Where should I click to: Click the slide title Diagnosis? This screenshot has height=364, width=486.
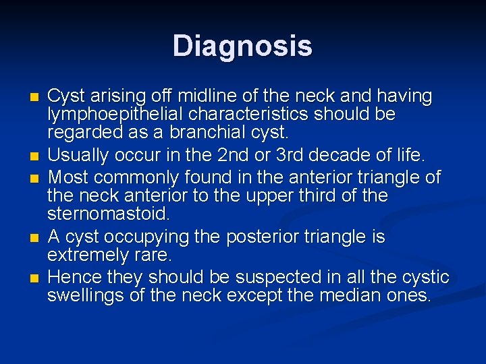tap(242, 47)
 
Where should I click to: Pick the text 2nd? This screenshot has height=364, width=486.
tap(233, 156)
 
